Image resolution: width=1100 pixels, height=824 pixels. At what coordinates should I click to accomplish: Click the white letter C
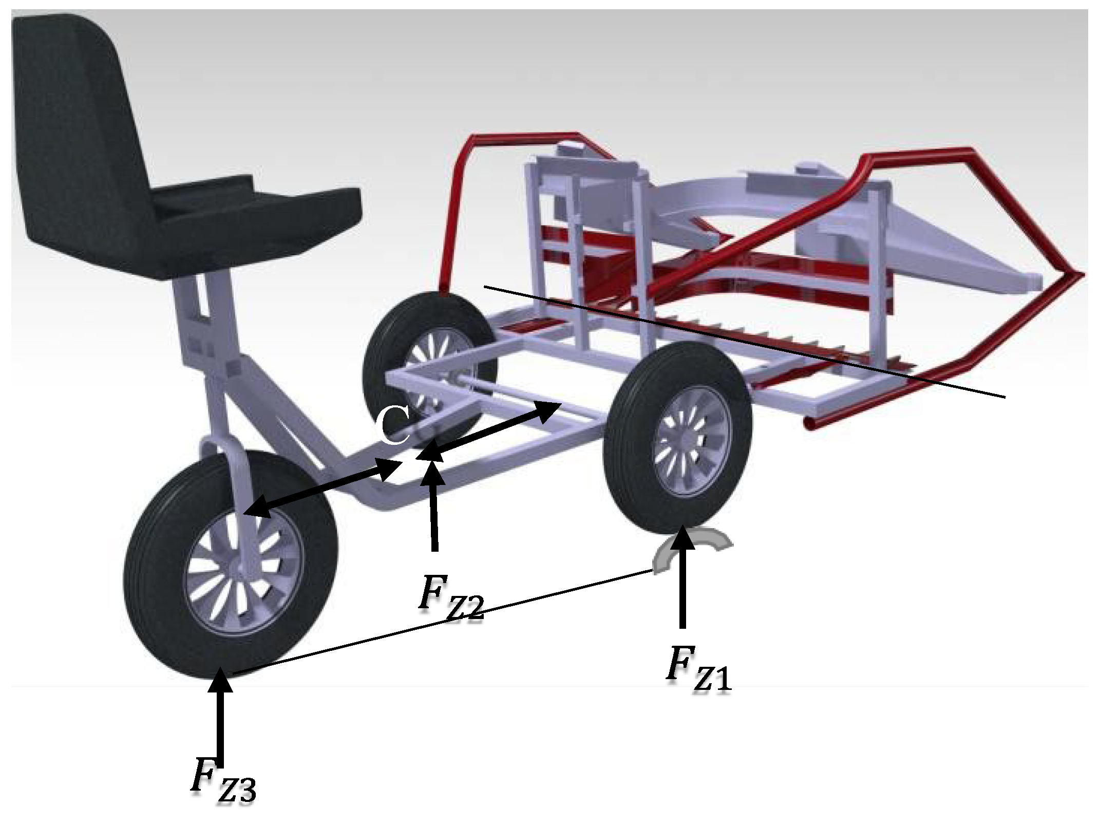tap(393, 426)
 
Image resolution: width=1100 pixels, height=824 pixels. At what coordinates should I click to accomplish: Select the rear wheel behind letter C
tap(429, 367)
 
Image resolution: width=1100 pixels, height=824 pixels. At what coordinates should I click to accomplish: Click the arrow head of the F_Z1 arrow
tap(682, 537)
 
